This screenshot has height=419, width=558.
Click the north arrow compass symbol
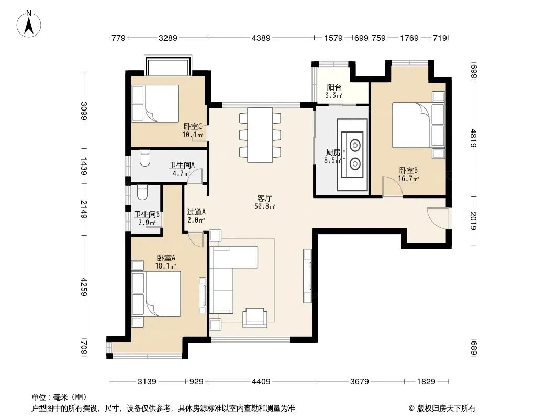point(29,24)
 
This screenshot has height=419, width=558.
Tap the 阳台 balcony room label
point(334,87)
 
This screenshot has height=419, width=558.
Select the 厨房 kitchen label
point(333,152)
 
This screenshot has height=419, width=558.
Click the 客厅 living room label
point(265,199)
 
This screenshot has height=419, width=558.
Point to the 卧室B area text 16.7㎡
point(408,179)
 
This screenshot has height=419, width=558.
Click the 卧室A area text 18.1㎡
point(165,266)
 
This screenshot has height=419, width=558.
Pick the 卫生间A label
point(182,165)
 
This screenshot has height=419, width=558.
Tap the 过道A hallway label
point(196,212)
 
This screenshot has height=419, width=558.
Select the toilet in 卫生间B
point(142,192)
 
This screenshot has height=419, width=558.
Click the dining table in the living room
point(260,135)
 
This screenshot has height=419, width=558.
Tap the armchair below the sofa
point(255,318)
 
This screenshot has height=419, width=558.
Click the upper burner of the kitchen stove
point(355,145)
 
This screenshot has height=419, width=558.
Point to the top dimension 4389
point(261,38)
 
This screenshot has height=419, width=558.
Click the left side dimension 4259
point(84,286)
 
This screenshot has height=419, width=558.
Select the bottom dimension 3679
point(360,382)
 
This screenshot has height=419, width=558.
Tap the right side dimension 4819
point(473,138)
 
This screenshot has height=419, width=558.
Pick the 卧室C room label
point(193,126)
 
